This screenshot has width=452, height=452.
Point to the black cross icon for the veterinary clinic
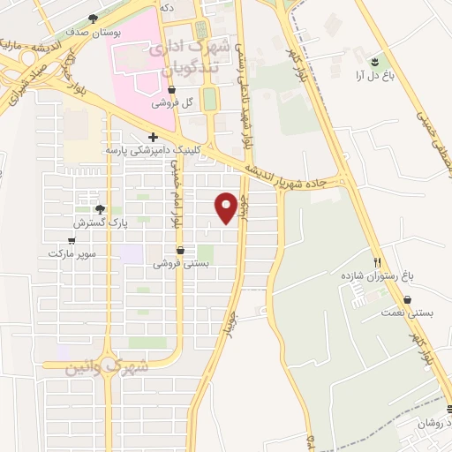coord(154,137)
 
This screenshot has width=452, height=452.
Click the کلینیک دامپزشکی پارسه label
coord(148,150)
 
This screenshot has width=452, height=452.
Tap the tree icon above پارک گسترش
coord(99,209)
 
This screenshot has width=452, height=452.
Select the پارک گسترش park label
coord(99,223)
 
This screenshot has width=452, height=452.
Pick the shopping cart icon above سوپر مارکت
coord(72,240)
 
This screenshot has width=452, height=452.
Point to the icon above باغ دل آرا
coord(375,60)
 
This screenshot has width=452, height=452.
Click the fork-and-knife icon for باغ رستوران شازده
coord(378,262)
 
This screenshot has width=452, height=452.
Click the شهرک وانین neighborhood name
coord(108,365)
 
